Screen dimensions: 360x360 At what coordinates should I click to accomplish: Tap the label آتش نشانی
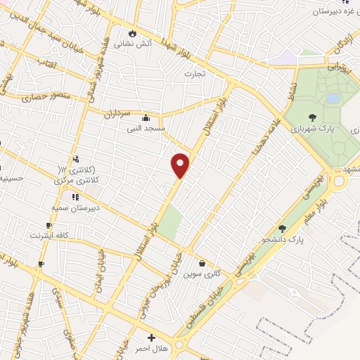tap(132, 42)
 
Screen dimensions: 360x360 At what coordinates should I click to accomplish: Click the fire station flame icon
tap(132, 32)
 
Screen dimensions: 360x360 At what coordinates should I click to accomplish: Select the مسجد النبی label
tap(144, 128)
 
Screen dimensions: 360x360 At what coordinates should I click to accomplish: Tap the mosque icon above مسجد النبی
tap(145, 117)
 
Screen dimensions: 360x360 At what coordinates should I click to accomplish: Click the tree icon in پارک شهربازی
tap(312, 118)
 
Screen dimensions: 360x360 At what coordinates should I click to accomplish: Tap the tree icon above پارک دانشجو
tap(283, 229)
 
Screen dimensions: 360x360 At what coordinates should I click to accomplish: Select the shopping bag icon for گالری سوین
tap(202, 263)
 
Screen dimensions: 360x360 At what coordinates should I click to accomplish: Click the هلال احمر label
tap(152, 349)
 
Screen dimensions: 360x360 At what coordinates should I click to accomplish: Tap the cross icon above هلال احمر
tap(152, 338)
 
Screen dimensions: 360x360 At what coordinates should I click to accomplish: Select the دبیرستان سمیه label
tap(75, 208)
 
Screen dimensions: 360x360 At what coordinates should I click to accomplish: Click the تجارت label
tap(194, 73)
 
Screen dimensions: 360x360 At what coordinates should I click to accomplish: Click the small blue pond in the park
tap(333, 98)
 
